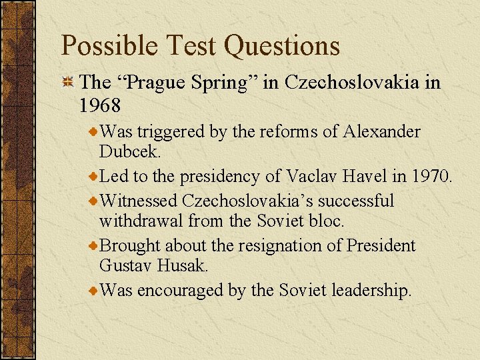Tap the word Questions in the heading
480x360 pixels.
283,46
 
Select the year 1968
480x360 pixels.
99,105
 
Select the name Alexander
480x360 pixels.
382,132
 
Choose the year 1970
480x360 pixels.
429,176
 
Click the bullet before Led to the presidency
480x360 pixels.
93,177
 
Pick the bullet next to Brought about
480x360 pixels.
93,246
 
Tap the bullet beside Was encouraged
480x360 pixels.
93,291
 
